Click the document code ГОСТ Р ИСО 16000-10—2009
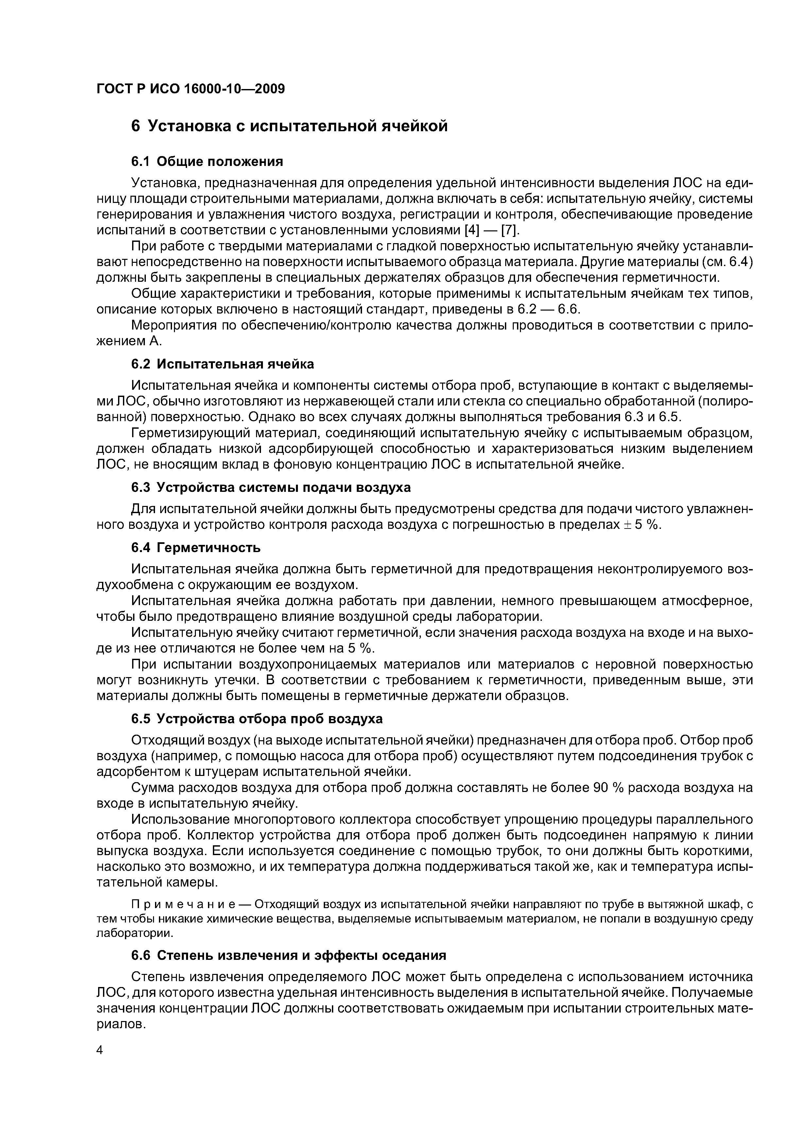point(190,89)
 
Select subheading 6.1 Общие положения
point(207,162)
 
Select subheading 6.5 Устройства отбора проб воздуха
point(256,719)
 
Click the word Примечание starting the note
point(190,904)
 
